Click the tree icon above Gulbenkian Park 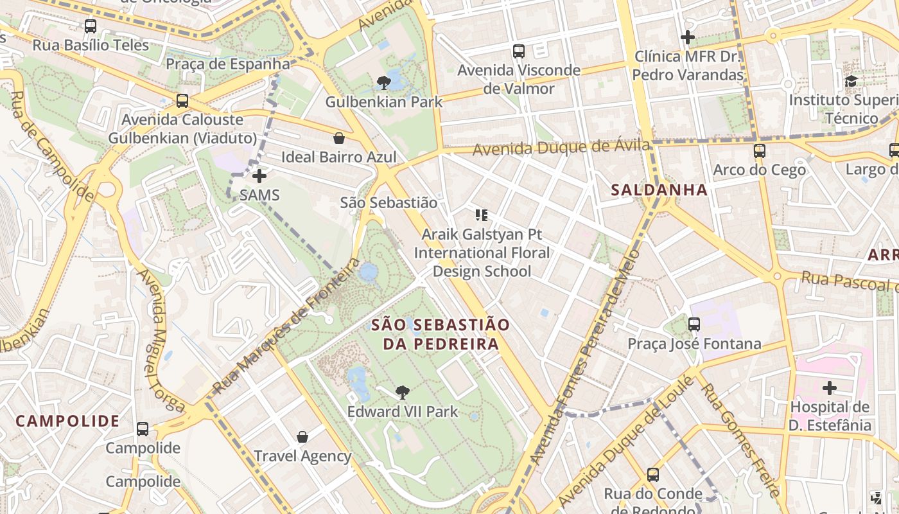click(x=384, y=82)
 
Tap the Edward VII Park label click(x=403, y=411)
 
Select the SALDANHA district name click(x=659, y=190)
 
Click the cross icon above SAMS click(x=259, y=175)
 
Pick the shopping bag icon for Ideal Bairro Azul click(x=338, y=138)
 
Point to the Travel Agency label click(x=302, y=456)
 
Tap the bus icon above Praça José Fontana click(x=694, y=324)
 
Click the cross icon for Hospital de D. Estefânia click(x=830, y=388)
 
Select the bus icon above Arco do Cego click(x=760, y=151)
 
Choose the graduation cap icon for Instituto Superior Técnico click(x=851, y=81)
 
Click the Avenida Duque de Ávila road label click(x=562, y=148)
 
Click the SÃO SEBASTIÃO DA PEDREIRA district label click(x=441, y=334)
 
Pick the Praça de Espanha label click(x=228, y=64)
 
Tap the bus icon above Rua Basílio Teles click(x=91, y=26)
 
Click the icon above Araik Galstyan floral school click(x=482, y=215)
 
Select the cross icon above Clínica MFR click(x=688, y=37)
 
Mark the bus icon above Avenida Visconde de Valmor click(x=518, y=51)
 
